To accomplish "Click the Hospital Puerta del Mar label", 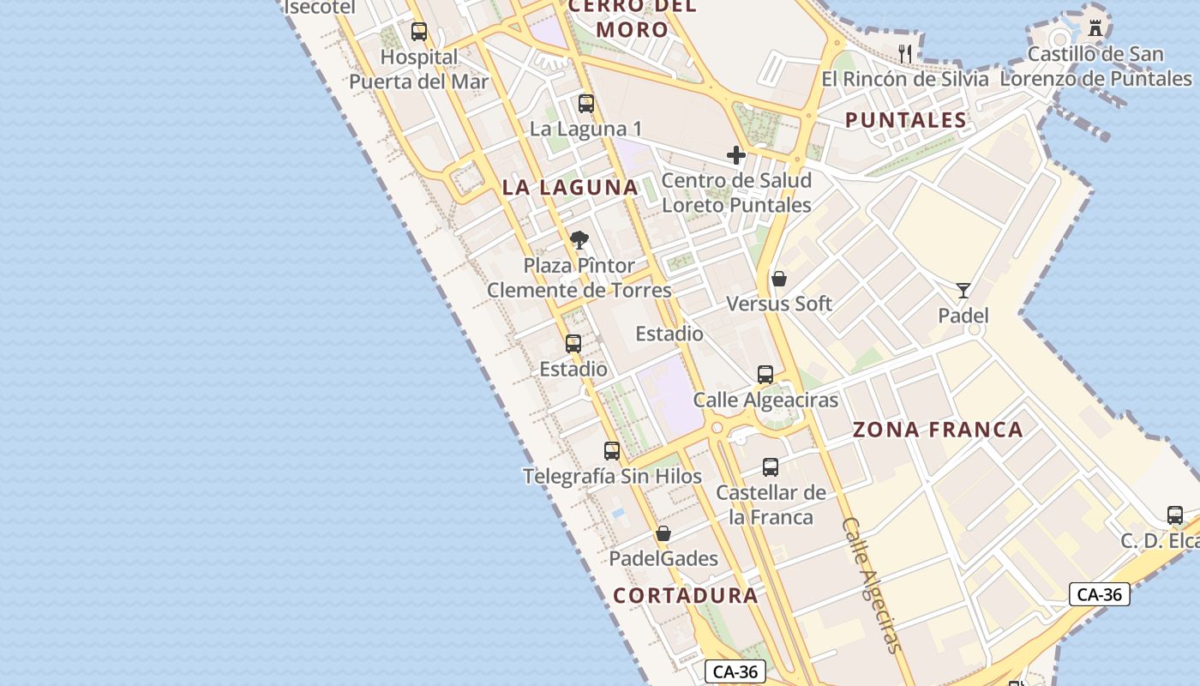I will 418,69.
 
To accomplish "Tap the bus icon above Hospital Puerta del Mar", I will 419,32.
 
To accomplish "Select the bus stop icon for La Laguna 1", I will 586,104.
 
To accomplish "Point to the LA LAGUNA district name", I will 570,187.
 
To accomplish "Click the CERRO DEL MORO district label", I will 632,18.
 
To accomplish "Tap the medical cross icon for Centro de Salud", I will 735,155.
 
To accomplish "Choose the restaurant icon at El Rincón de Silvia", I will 905,53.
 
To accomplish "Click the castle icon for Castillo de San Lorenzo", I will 1095,27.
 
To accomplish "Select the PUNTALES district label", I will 906,120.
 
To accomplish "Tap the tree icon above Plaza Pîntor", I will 579,240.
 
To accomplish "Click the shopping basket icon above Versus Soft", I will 779,279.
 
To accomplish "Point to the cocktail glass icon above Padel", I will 963,290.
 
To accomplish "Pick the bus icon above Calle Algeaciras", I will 765,375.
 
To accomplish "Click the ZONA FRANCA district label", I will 938,430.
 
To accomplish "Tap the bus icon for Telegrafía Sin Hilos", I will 612,451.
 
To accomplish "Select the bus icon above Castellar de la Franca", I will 771,467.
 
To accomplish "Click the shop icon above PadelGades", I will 663,534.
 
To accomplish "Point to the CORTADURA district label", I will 686,595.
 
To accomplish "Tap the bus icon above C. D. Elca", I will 1175,515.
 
